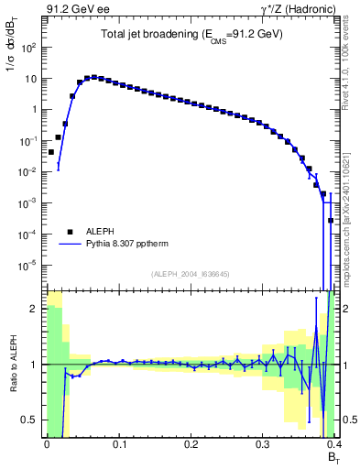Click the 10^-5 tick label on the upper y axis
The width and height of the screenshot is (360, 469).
pyautogui.click(x=29, y=266)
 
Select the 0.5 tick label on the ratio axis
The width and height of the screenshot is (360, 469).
pyautogui.click(x=29, y=420)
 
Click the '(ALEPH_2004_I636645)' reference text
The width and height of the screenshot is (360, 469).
pyautogui.click(x=190, y=273)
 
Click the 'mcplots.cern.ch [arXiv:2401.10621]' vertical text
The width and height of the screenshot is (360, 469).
pyautogui.click(x=346, y=211)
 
